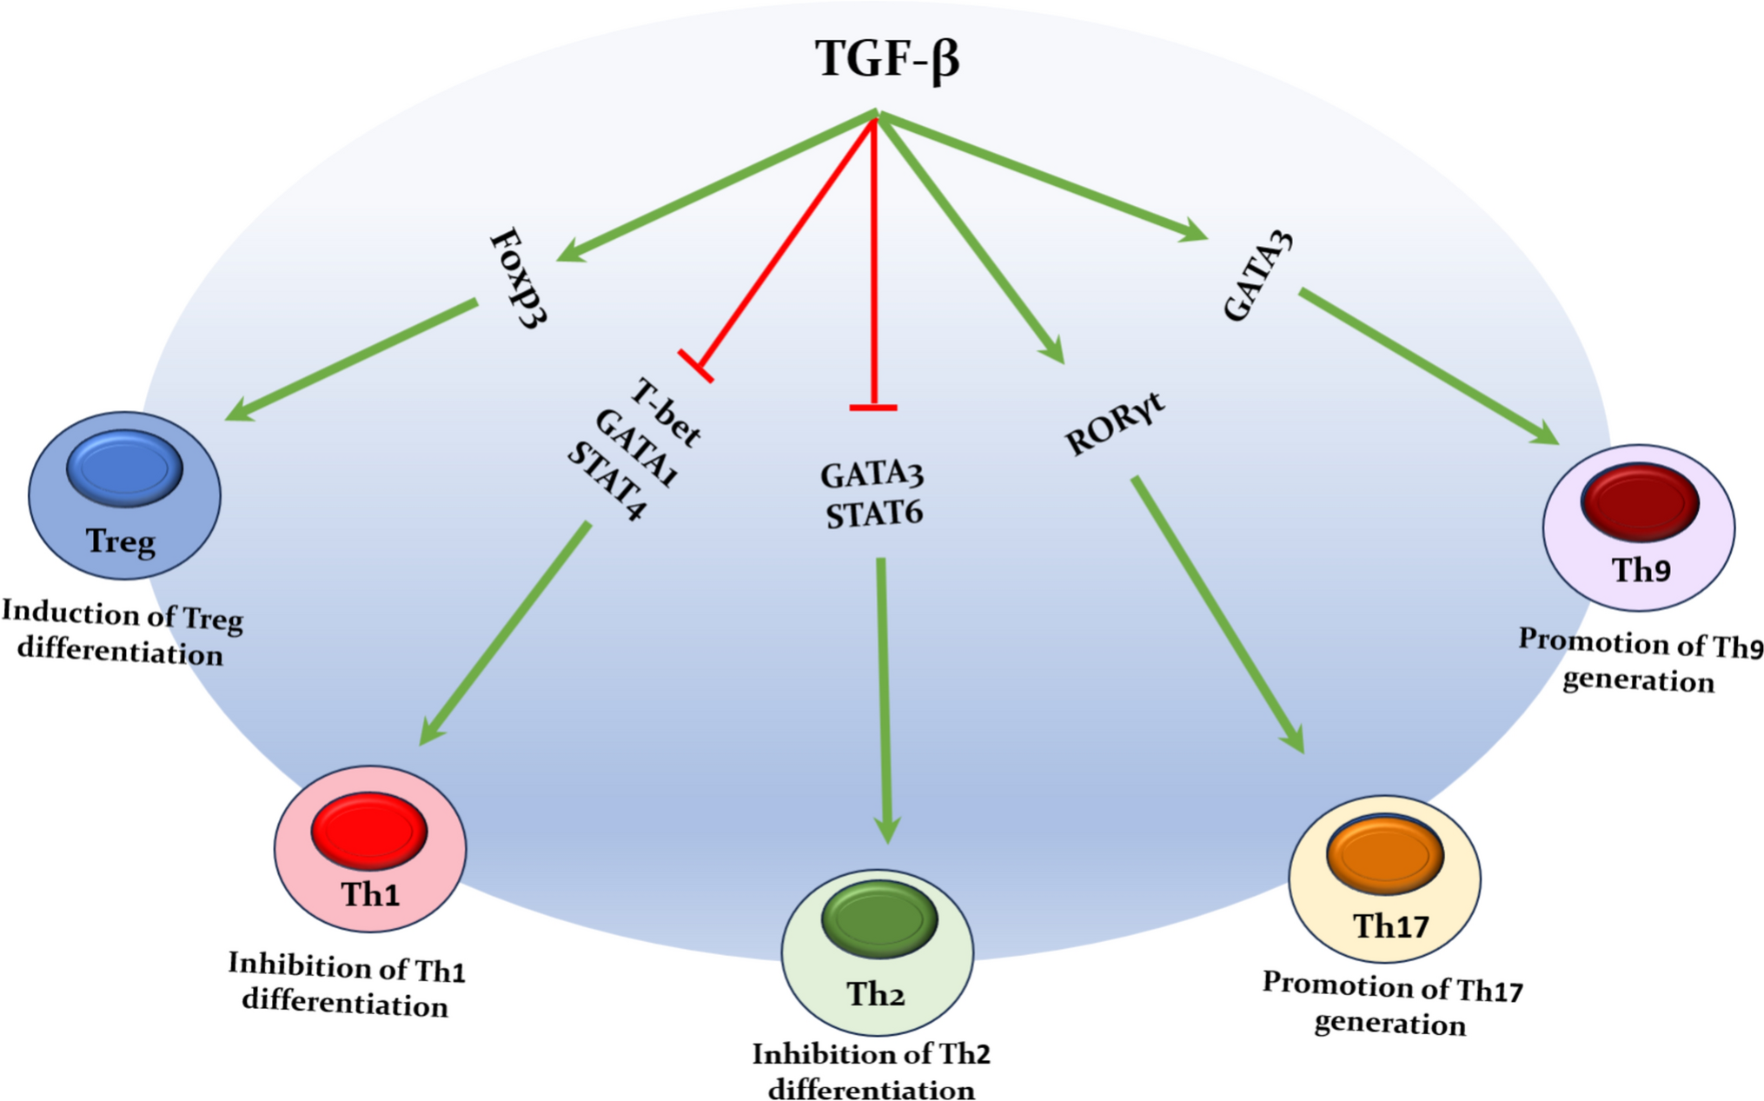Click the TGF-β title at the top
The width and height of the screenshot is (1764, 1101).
coord(886,59)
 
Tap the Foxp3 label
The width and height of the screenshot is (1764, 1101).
coord(519,278)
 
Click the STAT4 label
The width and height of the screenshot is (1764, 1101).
coord(607,481)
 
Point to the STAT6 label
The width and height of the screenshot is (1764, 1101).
coord(873,514)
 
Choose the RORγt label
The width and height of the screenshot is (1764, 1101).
coord(1114,425)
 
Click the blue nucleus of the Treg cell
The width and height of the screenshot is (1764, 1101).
coord(124,468)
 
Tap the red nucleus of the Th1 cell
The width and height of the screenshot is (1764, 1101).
coord(369,830)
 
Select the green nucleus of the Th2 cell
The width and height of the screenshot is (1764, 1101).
coord(879,919)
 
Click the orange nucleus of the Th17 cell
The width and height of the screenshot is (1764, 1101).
coord(1384,854)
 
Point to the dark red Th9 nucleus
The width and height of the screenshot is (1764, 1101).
coord(1639,501)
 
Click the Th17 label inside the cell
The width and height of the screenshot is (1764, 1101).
coord(1390,926)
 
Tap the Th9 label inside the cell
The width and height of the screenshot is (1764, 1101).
coord(1641,570)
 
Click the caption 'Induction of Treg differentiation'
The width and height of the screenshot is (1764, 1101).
coord(122,633)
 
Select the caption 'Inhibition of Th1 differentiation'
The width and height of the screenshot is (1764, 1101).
coord(346,985)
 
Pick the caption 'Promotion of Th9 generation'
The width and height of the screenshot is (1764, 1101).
coord(1640,660)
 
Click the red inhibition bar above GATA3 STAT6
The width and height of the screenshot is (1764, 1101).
coord(873,406)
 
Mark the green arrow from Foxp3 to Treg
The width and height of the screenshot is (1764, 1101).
coord(352,360)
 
